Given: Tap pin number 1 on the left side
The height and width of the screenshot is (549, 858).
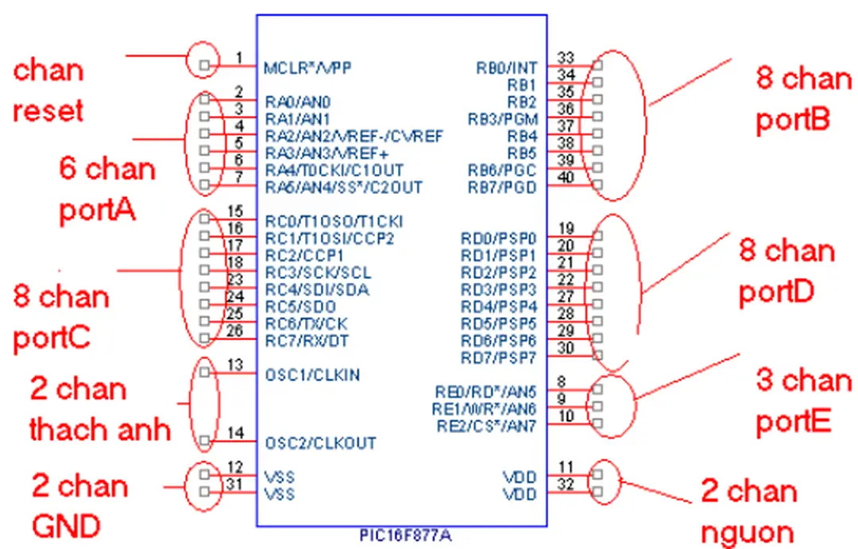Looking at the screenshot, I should [239, 57].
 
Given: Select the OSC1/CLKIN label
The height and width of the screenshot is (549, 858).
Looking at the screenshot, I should [312, 373].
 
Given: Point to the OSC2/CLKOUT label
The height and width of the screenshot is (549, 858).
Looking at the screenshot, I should [320, 443].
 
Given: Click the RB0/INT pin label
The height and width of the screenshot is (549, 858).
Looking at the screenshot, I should [507, 68].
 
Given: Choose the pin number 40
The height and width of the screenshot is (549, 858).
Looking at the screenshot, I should [566, 178].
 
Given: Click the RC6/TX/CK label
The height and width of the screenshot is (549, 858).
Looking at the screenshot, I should [307, 324].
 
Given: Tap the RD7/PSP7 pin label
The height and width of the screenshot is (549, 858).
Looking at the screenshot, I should [499, 358].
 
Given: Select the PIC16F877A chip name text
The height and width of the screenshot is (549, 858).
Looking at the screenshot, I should [401, 535].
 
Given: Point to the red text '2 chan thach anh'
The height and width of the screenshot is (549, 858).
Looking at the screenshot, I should [100, 409].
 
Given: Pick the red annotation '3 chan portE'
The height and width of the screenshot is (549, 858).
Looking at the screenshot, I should [803, 401].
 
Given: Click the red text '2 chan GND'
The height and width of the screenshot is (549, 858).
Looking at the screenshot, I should [79, 505].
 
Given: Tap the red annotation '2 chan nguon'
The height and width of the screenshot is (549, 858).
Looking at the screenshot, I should [749, 512].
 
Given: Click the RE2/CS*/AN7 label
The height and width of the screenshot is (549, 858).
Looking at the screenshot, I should [486, 426].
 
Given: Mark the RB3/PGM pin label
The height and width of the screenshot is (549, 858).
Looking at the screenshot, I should [503, 119].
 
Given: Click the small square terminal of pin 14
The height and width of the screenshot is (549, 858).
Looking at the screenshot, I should [205, 442].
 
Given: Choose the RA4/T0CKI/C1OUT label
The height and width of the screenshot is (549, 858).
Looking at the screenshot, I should [334, 170].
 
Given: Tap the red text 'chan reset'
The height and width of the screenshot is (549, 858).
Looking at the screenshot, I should [48, 90].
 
